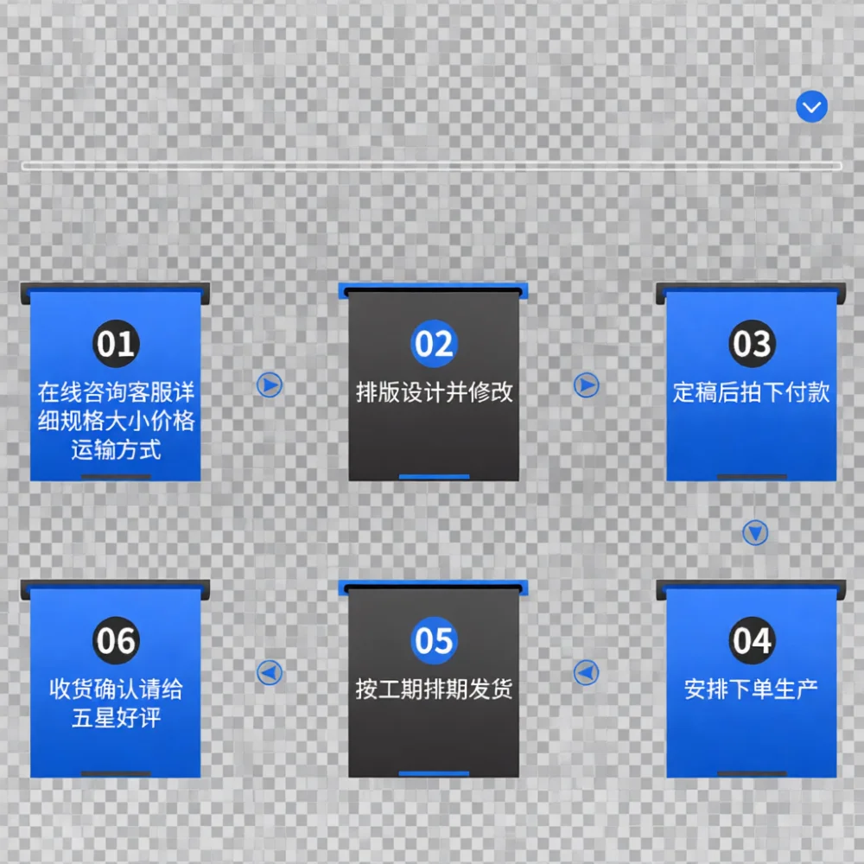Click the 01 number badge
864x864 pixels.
pyautogui.click(x=116, y=343)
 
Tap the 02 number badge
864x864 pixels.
pyautogui.click(x=435, y=343)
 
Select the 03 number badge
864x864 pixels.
pyautogui.click(x=753, y=343)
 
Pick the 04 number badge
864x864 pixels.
pyautogui.click(x=753, y=640)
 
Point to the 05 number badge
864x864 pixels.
pyautogui.click(x=435, y=640)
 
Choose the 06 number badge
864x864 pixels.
pyautogui.click(x=116, y=640)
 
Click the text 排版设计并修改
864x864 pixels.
pyautogui.click(x=435, y=392)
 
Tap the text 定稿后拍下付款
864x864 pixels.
pyautogui.click(x=752, y=392)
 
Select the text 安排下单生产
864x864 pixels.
pyautogui.click(x=752, y=689)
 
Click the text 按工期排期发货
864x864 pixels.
pyautogui.click(x=435, y=689)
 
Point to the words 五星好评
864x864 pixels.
pyautogui.click(x=117, y=718)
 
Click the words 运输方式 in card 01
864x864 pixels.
pyautogui.click(x=117, y=449)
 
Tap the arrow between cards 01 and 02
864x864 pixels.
pyautogui.click(x=270, y=385)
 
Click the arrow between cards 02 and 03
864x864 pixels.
pyautogui.click(x=587, y=385)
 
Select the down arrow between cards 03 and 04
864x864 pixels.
pyautogui.click(x=755, y=533)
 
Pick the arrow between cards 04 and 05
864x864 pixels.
pyautogui.click(x=587, y=673)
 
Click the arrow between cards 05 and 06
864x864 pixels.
pyautogui.click(x=270, y=673)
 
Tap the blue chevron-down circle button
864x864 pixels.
pyautogui.click(x=811, y=107)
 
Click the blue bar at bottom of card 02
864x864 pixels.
pyautogui.click(x=435, y=477)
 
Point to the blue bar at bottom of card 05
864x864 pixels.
pyautogui.click(x=435, y=773)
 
